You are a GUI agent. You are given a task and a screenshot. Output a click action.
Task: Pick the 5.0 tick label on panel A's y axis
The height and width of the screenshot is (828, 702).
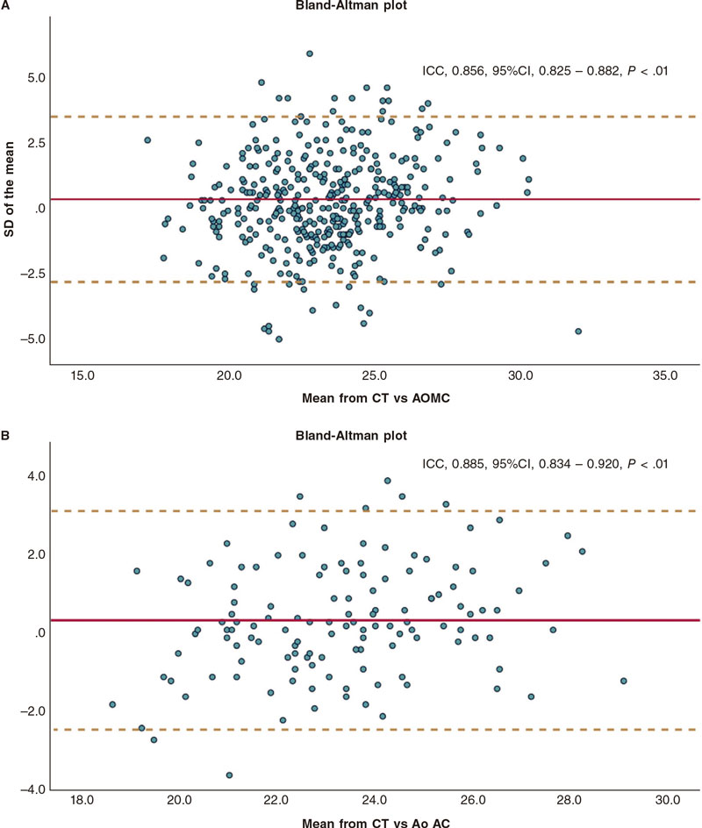(36, 78)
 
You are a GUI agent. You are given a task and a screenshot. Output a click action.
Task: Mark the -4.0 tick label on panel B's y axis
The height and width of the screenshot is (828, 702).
(34, 789)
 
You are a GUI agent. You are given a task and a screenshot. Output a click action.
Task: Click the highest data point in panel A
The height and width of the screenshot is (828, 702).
(310, 54)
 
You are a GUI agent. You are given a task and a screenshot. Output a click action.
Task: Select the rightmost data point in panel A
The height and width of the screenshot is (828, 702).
(578, 332)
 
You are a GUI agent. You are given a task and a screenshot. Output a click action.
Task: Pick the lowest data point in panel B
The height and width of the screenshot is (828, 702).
(229, 775)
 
